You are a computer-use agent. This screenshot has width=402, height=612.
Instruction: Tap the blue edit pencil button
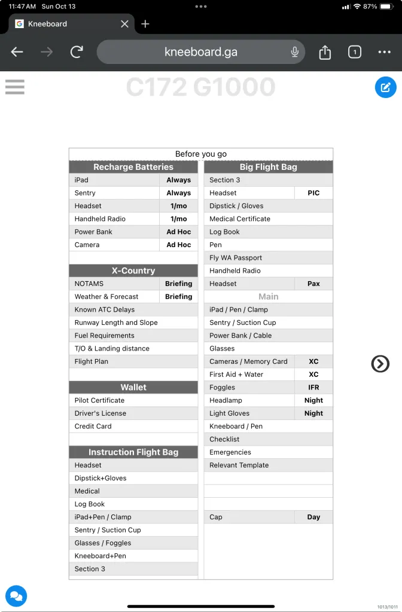point(385,87)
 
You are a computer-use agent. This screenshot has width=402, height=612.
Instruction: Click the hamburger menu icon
point(15,87)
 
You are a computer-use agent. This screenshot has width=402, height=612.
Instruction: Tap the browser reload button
point(77,52)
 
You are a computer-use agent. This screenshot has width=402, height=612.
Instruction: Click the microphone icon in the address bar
point(295,52)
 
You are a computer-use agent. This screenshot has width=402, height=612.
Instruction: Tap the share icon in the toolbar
point(325,53)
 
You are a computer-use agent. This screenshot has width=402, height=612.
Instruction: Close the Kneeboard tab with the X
point(124,24)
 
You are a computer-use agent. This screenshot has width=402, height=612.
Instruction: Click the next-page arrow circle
point(380,364)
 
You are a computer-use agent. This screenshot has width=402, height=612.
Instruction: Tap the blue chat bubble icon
point(16,596)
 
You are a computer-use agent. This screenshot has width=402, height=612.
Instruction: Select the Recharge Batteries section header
point(133,168)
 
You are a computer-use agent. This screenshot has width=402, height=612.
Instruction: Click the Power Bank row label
point(93,232)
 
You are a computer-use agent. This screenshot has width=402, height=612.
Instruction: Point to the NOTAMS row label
point(89,284)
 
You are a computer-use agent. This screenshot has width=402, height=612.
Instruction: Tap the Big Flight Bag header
point(268,168)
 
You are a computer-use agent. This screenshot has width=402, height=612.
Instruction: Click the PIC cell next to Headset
point(313,193)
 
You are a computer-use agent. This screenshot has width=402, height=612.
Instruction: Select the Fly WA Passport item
point(236,258)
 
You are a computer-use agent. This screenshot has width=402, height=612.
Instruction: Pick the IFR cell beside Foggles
point(313,388)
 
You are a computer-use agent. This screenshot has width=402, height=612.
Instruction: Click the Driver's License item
point(100,413)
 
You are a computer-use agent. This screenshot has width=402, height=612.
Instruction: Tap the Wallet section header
point(133,388)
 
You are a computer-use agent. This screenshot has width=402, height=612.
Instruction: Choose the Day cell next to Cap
point(313,517)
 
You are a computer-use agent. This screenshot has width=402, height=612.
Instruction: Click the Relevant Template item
point(239,465)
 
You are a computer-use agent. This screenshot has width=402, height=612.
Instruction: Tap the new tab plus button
point(145,24)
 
